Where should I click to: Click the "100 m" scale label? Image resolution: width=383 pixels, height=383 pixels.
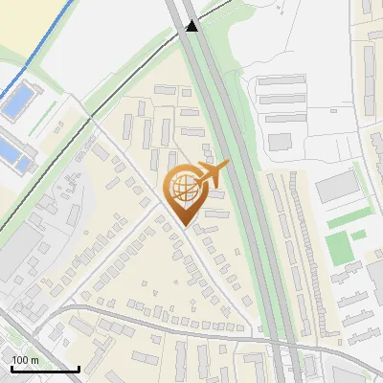[x=25, y=360]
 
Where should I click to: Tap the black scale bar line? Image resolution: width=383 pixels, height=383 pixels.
[x=44, y=369]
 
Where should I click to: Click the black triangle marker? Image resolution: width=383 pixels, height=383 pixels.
[x=193, y=28]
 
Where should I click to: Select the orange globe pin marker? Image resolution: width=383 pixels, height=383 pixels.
[x=186, y=192]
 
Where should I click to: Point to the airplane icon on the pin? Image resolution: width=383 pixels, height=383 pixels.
[x=212, y=173]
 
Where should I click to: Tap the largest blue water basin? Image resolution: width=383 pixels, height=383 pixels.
[x=16, y=102]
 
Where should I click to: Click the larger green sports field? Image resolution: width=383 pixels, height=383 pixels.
[x=338, y=248]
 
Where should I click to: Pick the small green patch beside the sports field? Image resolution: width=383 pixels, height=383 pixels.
[x=358, y=235]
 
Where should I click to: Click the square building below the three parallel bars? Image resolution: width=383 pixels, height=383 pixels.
[x=280, y=142]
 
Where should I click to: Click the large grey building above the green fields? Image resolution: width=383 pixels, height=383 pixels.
[x=334, y=187]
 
